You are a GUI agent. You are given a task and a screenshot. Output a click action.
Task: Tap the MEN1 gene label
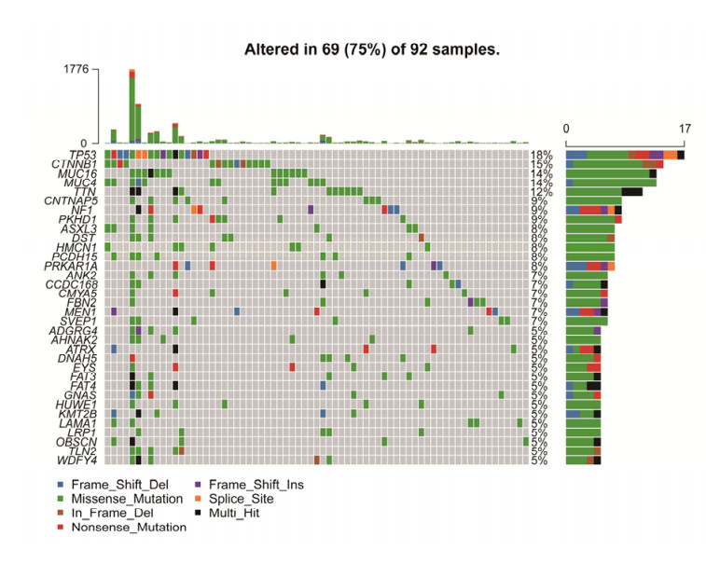tap(85, 310)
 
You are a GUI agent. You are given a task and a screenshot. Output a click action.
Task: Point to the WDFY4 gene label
tap(80, 460)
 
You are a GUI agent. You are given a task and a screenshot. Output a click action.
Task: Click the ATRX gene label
tap(84, 348)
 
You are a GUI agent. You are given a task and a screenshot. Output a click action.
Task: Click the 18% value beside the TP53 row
tap(540, 155)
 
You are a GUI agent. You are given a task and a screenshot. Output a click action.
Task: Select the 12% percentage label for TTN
tap(540, 192)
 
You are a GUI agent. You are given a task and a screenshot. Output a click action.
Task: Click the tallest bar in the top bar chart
tap(132, 106)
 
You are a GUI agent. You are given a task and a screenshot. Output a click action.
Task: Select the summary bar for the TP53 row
tap(625, 155)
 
